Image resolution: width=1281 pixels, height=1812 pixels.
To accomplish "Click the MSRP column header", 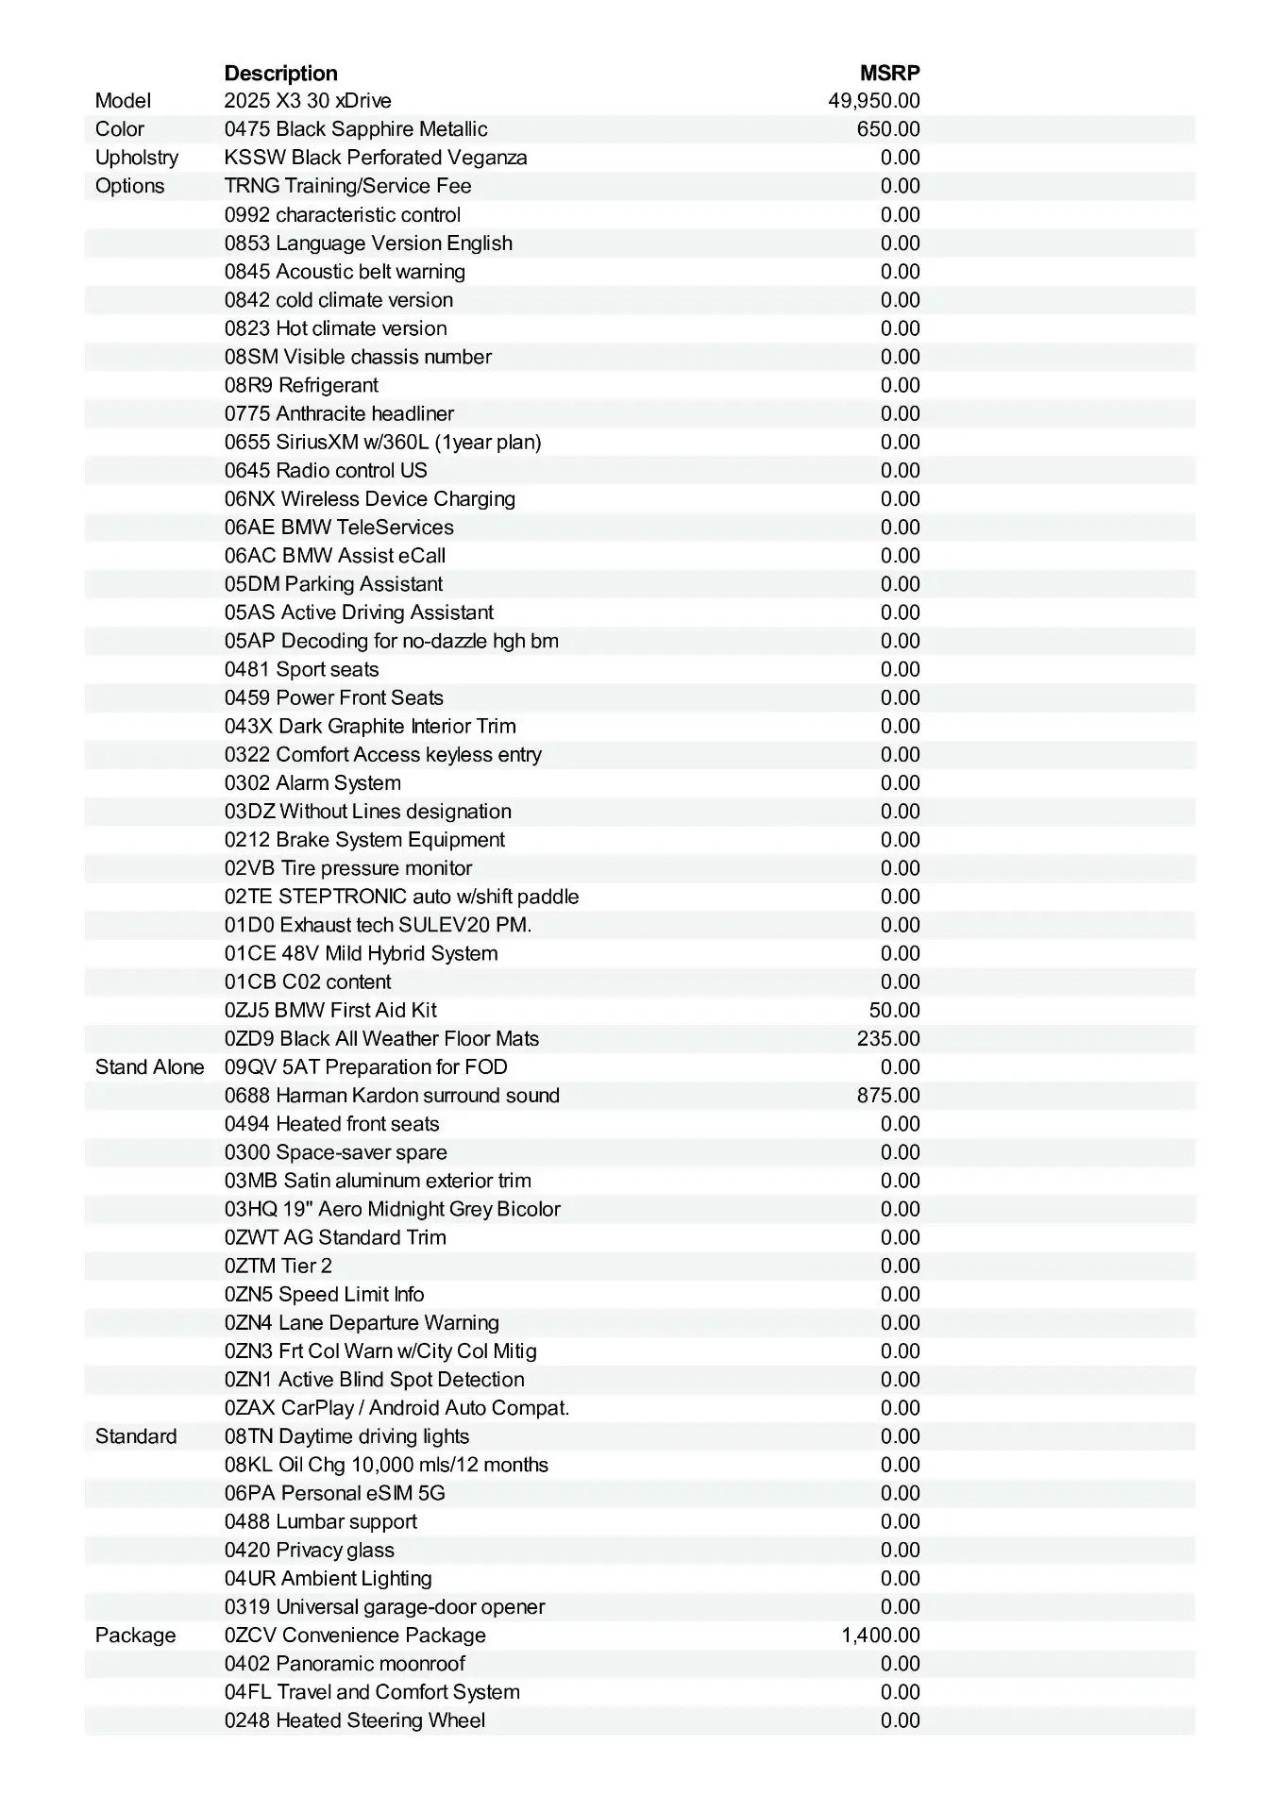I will coord(889,73).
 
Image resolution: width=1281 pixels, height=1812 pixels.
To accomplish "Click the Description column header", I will coord(280,73).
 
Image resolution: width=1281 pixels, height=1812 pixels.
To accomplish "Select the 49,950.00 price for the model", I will coord(873,101).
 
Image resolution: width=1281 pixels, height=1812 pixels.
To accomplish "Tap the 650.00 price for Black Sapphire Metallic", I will coord(887,129).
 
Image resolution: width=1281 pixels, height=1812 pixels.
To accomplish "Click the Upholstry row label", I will coord(136,158).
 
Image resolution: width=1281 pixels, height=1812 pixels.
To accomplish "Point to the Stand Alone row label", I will coord(149,1067).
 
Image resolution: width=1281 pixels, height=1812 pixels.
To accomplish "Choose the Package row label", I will coord(135,1636).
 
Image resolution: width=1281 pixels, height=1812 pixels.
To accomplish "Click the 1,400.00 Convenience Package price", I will coord(880,1636).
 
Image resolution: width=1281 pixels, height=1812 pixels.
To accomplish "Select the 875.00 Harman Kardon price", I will coord(887,1096).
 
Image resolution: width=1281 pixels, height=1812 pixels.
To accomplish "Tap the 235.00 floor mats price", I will coord(887,1039).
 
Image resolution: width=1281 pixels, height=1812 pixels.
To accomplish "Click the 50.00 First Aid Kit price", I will coord(893,1011).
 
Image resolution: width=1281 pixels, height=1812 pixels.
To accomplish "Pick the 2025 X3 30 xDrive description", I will coord(308,101).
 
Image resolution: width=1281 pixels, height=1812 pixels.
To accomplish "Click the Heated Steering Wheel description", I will coord(355,1720).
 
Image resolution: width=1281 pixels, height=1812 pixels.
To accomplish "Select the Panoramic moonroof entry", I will coord(345,1664).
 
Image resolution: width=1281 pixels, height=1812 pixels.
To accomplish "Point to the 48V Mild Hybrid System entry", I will coord(361,953).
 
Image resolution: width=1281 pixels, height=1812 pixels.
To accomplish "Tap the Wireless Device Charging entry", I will coord(370,499).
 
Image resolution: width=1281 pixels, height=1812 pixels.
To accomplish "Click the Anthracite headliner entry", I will coord(339,413).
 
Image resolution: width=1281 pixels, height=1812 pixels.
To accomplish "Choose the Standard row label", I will coord(136,1436).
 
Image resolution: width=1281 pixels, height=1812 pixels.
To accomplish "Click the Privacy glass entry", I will coord(310,1550).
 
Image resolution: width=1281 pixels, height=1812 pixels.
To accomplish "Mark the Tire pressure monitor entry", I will coord(348,868).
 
